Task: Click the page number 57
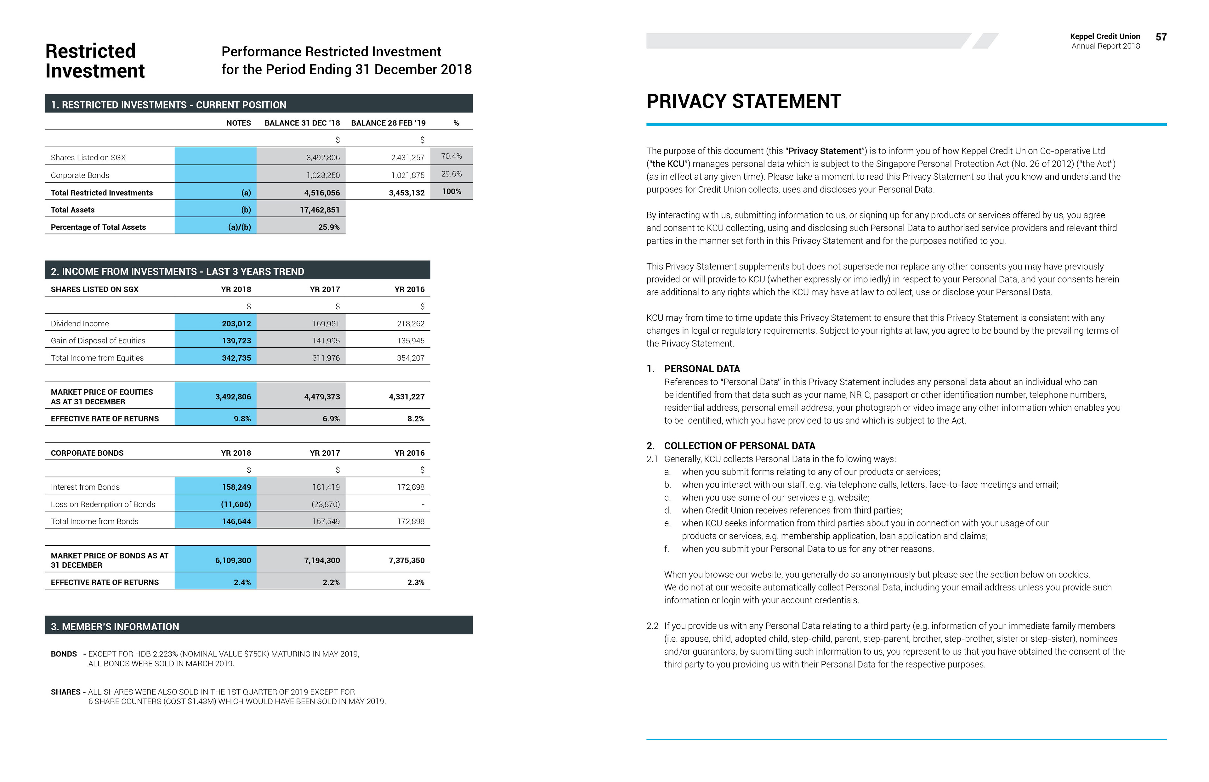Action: click(1161, 37)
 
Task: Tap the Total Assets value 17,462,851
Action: click(320, 210)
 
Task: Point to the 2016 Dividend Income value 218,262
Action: click(411, 323)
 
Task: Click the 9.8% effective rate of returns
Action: click(242, 419)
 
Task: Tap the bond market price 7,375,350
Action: click(406, 560)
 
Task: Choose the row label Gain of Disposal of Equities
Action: click(98, 341)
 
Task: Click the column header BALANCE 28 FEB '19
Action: click(388, 123)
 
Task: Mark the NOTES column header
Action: click(238, 123)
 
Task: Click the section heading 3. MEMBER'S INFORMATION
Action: click(115, 627)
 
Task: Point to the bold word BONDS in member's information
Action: click(64, 654)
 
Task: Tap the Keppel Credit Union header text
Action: click(1104, 37)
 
